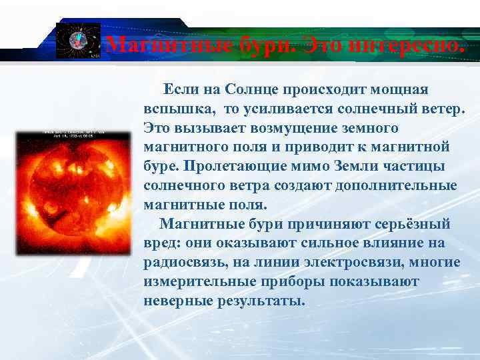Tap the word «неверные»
(178, 301)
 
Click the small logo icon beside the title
(77, 41)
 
